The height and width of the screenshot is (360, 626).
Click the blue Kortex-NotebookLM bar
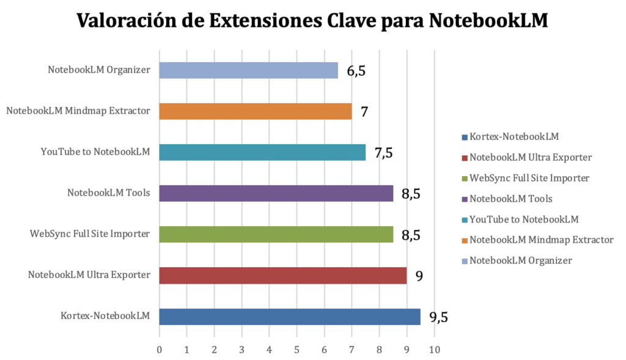pyautogui.click(x=290, y=317)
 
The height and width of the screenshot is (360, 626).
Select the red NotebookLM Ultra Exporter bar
pyautogui.click(x=283, y=276)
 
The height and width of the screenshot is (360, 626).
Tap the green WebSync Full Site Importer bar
pyautogui.click(x=276, y=234)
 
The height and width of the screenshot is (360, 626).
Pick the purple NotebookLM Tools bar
pyautogui.click(x=276, y=194)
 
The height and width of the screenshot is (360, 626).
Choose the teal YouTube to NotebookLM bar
pyautogui.click(x=262, y=152)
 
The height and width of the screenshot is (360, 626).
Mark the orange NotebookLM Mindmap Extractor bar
pyautogui.click(x=256, y=111)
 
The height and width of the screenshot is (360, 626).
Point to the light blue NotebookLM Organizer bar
pyautogui.click(x=249, y=70)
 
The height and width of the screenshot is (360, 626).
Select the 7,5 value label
pyautogui.click(x=383, y=152)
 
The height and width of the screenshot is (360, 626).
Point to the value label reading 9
pyautogui.click(x=419, y=276)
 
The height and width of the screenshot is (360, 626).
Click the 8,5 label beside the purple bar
pyautogui.click(x=411, y=194)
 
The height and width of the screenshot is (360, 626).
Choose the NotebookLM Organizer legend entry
pyautogui.click(x=520, y=260)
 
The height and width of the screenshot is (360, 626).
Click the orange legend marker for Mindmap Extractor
pyautogui.click(x=465, y=240)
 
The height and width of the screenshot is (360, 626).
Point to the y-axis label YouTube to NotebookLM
pyautogui.click(x=95, y=152)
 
